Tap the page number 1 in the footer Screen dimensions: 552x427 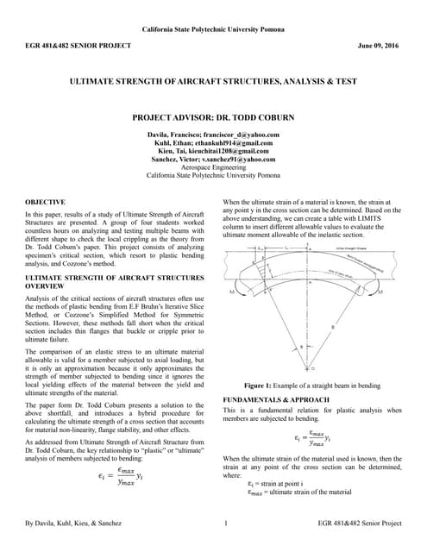[x=225, y=523]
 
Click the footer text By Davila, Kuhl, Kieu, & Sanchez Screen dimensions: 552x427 [x=72, y=523]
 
